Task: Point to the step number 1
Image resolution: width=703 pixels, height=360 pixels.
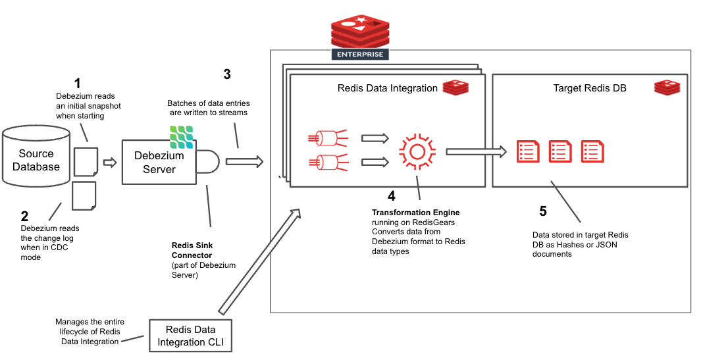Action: click(77, 84)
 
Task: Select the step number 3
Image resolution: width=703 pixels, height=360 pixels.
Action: click(227, 74)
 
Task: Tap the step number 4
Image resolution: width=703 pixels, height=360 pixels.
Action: click(392, 195)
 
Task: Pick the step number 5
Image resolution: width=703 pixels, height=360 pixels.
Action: click(542, 211)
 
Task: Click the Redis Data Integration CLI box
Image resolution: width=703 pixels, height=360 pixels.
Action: click(190, 335)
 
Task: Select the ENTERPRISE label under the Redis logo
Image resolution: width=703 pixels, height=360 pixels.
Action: click(360, 54)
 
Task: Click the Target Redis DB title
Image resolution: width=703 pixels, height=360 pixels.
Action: click(588, 88)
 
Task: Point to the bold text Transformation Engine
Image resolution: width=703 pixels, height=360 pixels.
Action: click(415, 213)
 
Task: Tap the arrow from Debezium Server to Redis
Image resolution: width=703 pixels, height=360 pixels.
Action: click(244, 161)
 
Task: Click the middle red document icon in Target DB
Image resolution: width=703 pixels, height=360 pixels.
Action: click(560, 152)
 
